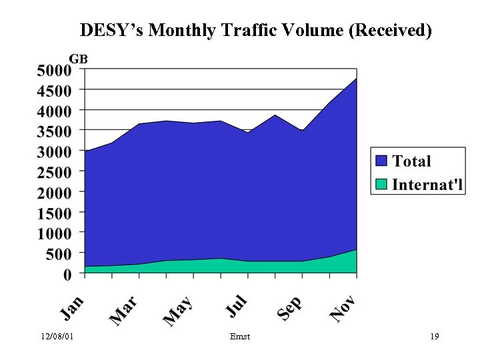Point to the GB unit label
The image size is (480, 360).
[79, 59]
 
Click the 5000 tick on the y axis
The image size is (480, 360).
[53, 69]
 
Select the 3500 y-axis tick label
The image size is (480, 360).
[53, 131]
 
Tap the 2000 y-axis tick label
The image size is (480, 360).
[53, 193]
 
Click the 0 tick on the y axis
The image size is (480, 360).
[67, 274]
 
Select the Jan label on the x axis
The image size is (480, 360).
[73, 307]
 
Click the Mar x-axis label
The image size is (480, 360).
[124, 311]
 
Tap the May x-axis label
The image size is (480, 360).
[178, 311]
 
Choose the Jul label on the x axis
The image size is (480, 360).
[237, 306]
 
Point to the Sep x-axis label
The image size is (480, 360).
[290, 309]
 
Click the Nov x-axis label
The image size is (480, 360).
[343, 309]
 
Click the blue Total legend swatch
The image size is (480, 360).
[382, 161]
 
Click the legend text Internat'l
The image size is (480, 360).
[427, 184]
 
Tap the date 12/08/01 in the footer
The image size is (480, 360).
[57, 337]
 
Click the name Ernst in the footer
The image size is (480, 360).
[239, 337]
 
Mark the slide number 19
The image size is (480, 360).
[435, 337]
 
